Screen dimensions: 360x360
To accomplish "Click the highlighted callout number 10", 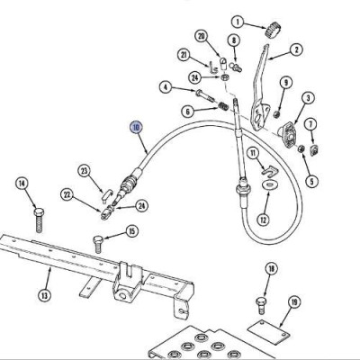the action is pos(136,128).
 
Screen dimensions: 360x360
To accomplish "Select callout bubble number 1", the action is pos(238,22).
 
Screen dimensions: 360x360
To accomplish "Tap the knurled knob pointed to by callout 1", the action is pos(274,30).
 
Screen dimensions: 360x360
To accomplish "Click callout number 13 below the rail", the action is pos(44,295).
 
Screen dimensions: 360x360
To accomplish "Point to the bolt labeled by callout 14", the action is pos(39,220).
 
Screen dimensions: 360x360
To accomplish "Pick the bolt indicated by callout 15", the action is pos(98,244).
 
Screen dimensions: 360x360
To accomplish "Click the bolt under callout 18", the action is pos(261,305).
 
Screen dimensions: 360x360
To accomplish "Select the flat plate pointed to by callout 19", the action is pos(269,330).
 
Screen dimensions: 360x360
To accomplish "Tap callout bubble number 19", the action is pos(294,302).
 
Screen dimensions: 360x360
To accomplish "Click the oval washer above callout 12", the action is pos(269,184).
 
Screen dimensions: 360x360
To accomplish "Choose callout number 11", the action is pos(253,154).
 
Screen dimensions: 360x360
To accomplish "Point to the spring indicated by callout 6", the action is pos(222,106).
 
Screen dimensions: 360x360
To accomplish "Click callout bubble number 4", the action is pos(166,87).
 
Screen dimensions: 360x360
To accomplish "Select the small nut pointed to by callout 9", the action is pos(277,114).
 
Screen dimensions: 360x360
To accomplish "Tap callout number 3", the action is pos(308,97).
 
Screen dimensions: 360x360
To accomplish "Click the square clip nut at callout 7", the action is pos(314,149).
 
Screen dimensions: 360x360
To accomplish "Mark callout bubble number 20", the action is pos(202,36).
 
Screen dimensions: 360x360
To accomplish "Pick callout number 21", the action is pos(184,55).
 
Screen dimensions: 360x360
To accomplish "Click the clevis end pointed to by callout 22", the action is pos(106,214).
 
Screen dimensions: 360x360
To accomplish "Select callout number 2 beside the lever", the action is pos(296,49).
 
